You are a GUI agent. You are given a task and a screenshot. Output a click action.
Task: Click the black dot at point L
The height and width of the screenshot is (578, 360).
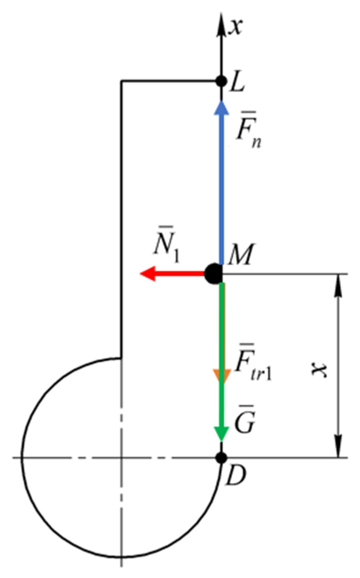[x=221, y=80]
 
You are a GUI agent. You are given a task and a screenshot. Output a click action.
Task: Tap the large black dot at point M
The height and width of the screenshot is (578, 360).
[x=213, y=274]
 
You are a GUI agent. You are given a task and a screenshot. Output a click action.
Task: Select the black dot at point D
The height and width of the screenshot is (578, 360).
[x=221, y=458]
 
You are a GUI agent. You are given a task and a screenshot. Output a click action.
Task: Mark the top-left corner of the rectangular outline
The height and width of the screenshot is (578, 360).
[x=121, y=80]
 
